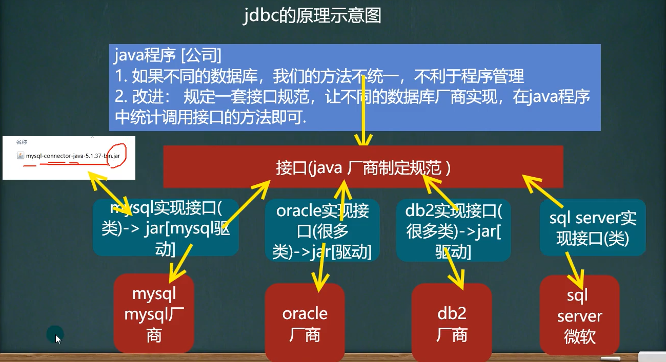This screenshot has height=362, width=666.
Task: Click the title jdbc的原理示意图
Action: coord(312,16)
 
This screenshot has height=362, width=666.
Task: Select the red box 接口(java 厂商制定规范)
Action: coord(363,167)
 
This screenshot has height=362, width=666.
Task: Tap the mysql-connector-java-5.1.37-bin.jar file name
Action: coord(73,155)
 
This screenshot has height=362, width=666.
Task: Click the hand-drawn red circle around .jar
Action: coord(115,155)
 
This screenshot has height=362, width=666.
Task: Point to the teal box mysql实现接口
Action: coord(166,227)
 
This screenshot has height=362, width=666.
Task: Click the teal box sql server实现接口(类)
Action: coord(592,228)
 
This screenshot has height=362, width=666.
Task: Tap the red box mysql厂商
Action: coord(154,314)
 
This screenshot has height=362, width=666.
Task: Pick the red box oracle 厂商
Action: coord(305,324)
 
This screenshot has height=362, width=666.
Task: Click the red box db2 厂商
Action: coord(452,324)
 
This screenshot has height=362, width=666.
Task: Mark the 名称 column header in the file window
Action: coord(22,141)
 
